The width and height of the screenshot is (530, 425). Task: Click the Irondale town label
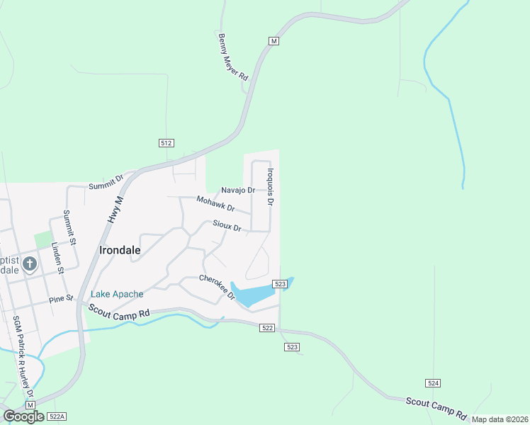(x=120, y=250)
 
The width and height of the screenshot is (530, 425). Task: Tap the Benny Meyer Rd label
(x=234, y=56)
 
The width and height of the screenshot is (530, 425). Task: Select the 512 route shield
(x=167, y=142)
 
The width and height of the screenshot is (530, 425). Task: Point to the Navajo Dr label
(x=237, y=190)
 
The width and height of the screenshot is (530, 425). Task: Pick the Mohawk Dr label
(x=215, y=204)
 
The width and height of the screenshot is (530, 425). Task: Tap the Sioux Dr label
(x=227, y=226)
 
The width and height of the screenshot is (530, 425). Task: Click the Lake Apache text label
(x=117, y=294)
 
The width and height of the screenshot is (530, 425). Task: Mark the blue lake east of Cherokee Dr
(x=256, y=294)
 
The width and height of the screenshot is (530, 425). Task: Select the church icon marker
(x=29, y=265)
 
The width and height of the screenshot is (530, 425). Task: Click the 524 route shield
(x=434, y=382)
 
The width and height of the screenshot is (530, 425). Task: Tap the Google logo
(x=23, y=416)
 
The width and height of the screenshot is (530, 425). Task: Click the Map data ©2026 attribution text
(x=500, y=419)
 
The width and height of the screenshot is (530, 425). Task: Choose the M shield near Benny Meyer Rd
(x=274, y=41)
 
